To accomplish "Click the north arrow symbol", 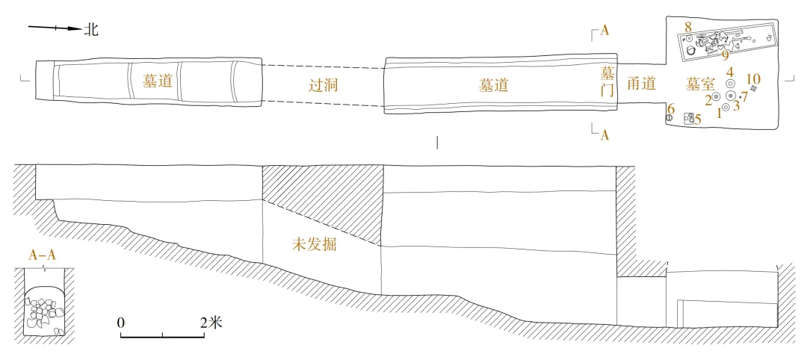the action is coord(54,29).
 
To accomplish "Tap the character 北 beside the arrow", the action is coord(91,30).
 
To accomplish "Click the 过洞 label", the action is coord(324,85).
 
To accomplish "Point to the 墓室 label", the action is coord(702,86).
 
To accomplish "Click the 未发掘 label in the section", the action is coord(315,244).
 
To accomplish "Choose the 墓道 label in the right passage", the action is coord(493,85).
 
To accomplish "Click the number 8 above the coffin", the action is coord(687,28).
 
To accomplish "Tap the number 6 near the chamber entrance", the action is coord(670,109).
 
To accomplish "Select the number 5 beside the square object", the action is coord(698,120).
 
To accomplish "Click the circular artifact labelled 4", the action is coord(730,84).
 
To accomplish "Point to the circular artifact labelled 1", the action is coord(726,107).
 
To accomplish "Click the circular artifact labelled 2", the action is coord(717,96).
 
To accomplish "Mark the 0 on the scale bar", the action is coord(121,323).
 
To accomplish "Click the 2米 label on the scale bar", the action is coord(211,323).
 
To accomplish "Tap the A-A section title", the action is coord(43,255).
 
